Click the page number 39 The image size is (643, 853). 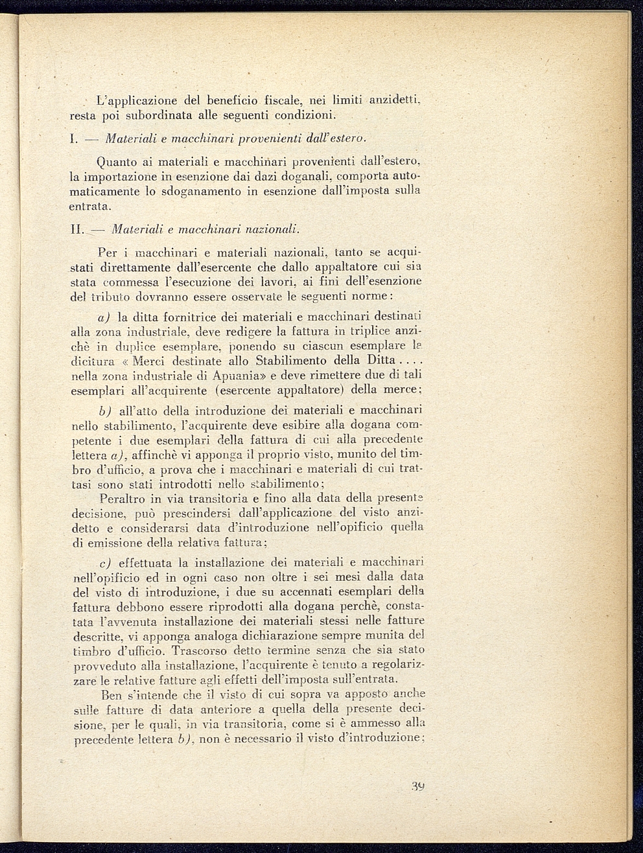417,788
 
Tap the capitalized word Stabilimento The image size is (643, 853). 299,361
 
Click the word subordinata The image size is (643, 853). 150,116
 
